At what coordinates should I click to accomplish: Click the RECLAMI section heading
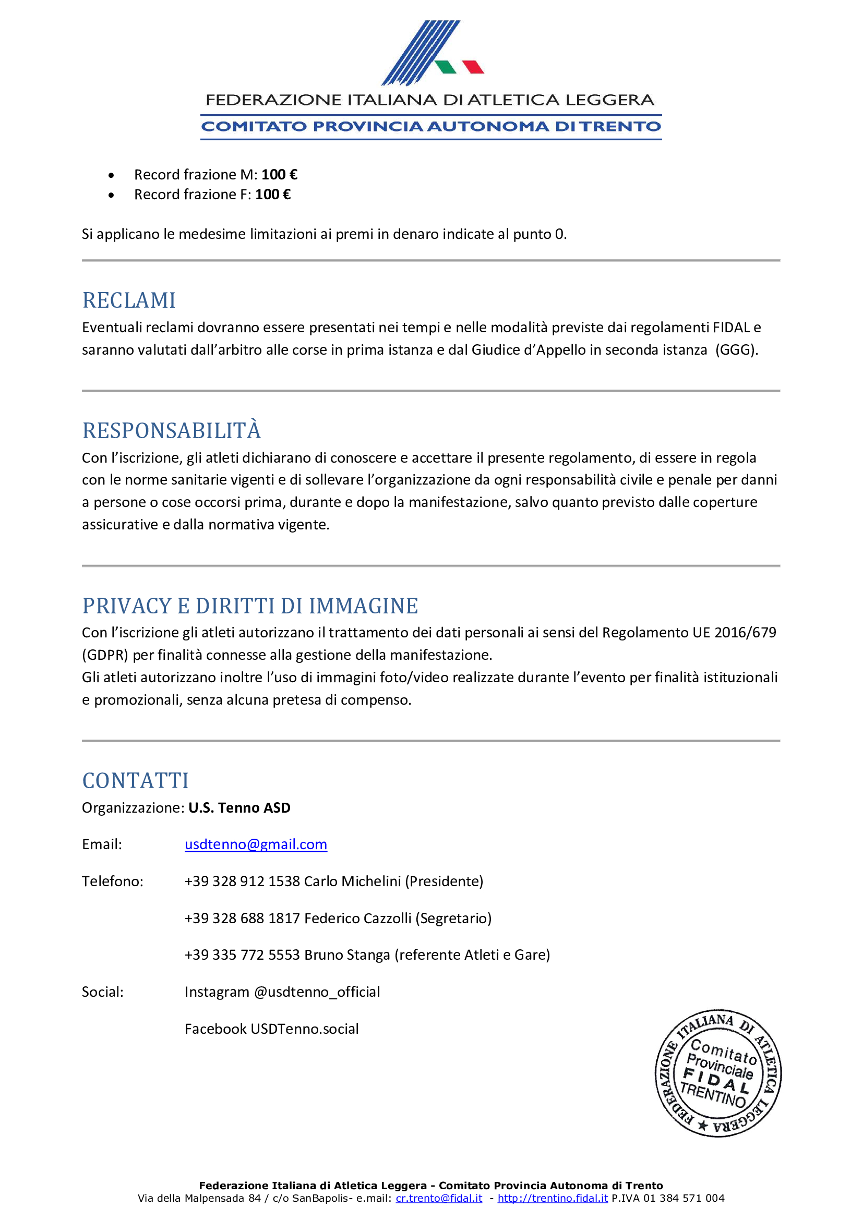128,300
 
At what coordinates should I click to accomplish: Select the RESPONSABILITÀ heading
171,430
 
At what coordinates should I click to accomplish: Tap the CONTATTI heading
136,781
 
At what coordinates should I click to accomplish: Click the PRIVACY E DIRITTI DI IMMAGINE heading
250,606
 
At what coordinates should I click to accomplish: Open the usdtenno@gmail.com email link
256,844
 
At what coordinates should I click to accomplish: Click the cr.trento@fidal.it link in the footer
439,1198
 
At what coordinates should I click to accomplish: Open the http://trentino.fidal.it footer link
553,1198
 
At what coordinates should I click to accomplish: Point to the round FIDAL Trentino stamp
718,1073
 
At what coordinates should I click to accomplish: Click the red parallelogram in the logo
473,67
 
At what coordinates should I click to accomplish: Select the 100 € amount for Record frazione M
279,174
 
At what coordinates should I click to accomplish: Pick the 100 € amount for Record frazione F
272,195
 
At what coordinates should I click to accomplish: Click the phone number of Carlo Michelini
242,881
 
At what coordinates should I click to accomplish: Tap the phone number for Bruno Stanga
242,955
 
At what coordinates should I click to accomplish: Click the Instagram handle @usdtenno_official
317,992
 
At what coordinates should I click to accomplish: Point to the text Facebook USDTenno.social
271,1029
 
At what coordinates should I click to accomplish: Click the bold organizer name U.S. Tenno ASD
239,807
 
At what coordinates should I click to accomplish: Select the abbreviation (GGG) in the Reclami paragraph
737,349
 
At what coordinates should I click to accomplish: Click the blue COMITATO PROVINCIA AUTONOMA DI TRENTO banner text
431,126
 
